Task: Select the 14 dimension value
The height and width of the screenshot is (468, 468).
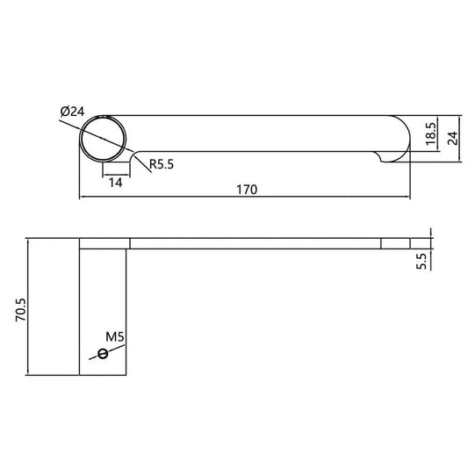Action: [x=115, y=182]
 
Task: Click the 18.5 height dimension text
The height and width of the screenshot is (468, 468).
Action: [x=430, y=136]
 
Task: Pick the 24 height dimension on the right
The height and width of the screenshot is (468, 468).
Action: [x=453, y=137]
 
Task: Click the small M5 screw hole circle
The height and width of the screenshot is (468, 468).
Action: [x=103, y=354]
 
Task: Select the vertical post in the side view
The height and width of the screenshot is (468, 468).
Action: [x=104, y=312]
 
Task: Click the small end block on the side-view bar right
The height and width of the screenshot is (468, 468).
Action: [x=395, y=243]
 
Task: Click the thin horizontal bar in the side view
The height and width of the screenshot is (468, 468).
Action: [x=255, y=243]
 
